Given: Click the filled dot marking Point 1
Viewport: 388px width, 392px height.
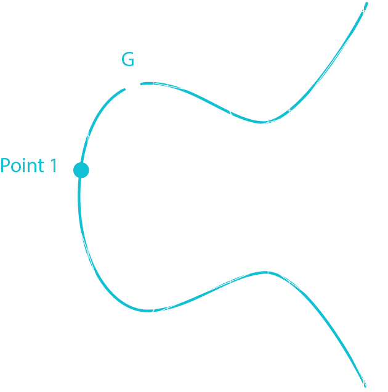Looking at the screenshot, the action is point(81,170).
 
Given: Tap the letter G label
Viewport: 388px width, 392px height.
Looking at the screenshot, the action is point(127,60).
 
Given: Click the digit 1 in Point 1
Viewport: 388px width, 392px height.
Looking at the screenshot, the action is point(53,165).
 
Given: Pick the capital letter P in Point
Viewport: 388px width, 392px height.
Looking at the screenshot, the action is point(6,165).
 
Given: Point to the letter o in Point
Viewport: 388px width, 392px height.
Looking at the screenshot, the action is point(17,167).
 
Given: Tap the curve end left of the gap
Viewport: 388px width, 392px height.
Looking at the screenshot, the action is point(125,90).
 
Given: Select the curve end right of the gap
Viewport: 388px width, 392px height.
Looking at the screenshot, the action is point(141,83).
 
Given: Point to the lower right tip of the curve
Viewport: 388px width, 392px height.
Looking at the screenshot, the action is point(365,385).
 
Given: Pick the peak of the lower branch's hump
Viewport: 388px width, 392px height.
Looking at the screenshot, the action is point(265,272).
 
